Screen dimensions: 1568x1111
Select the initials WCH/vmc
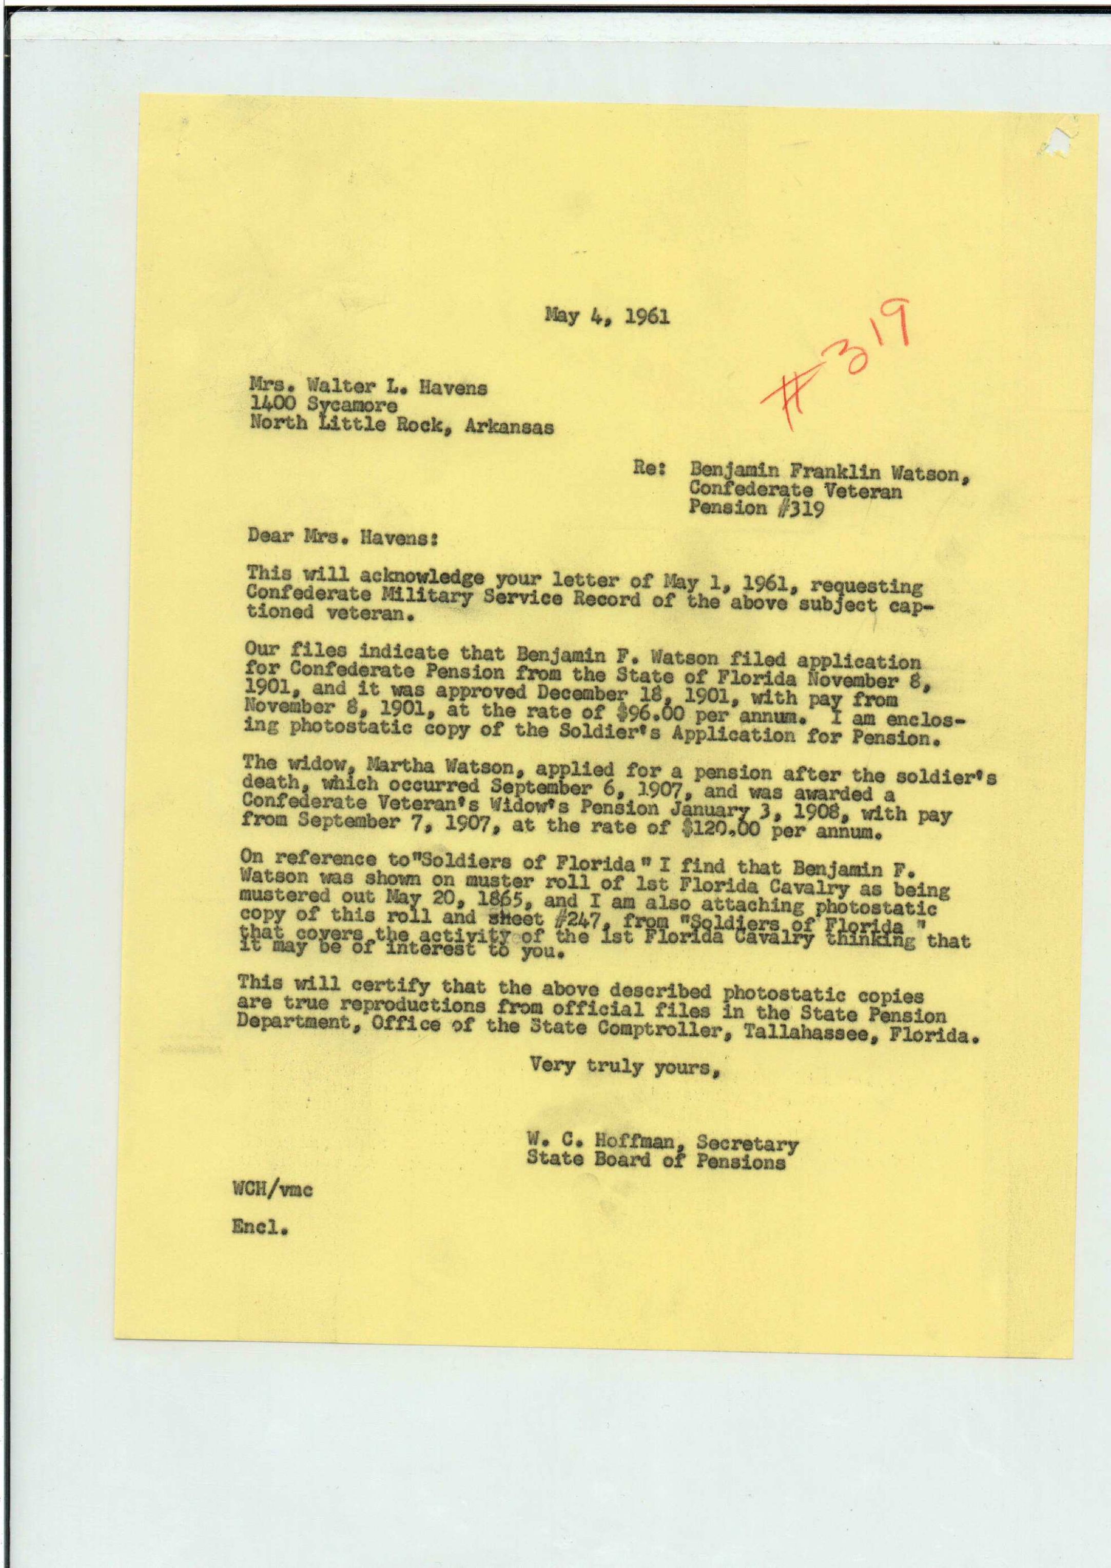click(272, 1190)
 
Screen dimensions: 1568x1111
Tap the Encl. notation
click(259, 1227)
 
